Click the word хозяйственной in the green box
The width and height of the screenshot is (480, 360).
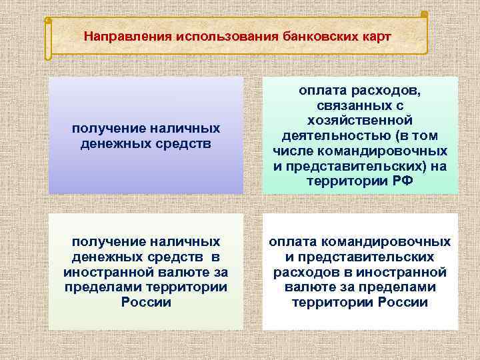point(360,120)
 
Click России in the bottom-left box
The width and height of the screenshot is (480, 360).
point(146,301)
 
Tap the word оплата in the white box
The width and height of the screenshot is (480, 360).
point(291,241)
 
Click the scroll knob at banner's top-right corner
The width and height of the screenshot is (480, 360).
point(425,15)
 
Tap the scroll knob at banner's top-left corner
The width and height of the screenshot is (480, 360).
point(48,21)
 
